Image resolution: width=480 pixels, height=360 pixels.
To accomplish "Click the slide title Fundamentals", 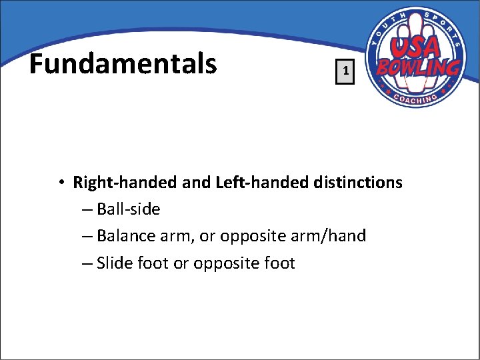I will pos(123,64).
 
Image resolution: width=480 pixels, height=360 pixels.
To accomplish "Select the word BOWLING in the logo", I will pos(418,67).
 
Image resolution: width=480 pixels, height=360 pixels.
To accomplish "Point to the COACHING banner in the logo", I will pos(415,97).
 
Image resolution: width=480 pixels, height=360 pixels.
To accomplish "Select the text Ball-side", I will pos(129,209).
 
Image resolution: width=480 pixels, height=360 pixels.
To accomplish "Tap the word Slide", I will pos(115,263).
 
